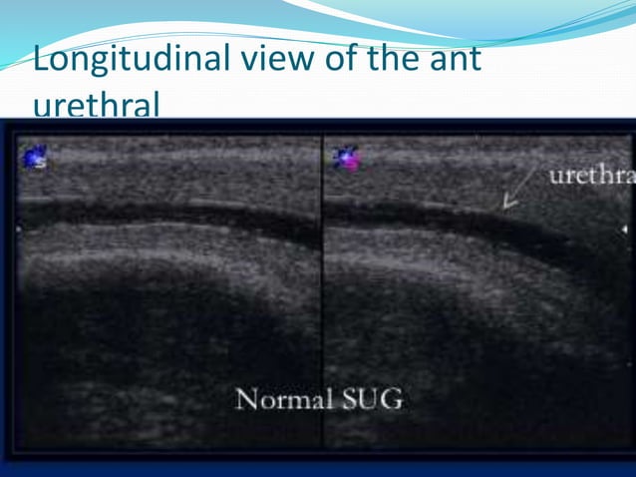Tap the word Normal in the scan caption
coord(283,401)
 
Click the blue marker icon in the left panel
coord(36,156)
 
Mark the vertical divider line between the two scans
coord(323,289)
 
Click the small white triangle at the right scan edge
coord(624,230)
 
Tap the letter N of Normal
coord(243,401)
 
